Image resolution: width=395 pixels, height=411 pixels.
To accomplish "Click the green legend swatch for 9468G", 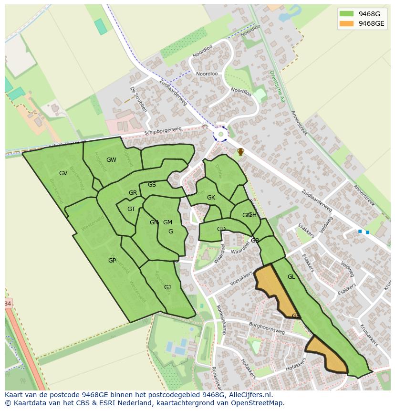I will coord(346,14).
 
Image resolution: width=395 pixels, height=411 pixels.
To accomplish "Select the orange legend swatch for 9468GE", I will coord(346,23).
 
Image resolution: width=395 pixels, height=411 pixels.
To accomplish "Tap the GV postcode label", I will coord(63,173).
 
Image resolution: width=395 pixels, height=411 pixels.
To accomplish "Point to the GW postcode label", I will coord(111,160).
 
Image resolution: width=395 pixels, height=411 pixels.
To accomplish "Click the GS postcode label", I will coord(152,185).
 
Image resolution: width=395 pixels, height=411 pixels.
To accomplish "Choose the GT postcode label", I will coord(131,209).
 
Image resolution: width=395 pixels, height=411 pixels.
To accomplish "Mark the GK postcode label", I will coord(211,198).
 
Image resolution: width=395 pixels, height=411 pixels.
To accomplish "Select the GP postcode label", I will coord(112,261).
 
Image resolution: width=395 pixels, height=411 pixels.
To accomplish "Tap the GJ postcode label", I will coord(167,287).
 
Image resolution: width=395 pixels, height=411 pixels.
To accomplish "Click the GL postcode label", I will coord(291,277).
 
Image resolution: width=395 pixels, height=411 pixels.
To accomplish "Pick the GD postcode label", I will coord(221,229).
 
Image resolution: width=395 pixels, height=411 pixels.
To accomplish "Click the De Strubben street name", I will coord(138,99).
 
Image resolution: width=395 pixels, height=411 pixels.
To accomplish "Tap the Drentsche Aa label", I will coord(277,86).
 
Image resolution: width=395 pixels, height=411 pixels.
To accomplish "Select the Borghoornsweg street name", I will coord(267,327).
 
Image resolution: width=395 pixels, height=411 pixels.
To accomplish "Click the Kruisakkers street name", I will coord(369,335).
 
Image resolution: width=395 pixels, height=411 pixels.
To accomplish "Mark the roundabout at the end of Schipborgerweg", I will coord(220,135).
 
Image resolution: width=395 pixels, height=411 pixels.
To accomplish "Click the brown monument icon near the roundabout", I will coord(241,152).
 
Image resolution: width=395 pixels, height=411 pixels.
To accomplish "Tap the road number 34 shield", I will coord(8,304).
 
